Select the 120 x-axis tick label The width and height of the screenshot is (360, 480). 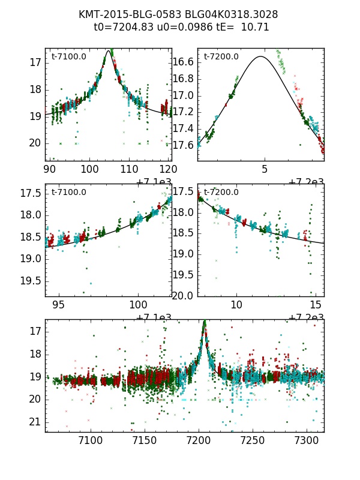coord(169,170)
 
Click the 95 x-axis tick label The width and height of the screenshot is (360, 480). coord(58,305)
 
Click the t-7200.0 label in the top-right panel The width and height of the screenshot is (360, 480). coord(221,57)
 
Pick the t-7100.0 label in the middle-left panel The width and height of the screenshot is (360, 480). coord(68,193)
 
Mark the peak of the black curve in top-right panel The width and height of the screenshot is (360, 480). coord(260,56)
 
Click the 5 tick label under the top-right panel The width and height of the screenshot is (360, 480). coord(265,170)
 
